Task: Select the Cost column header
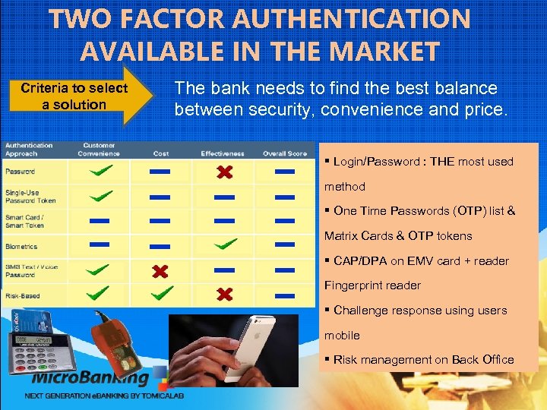[x=161, y=154]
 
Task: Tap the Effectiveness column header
[x=223, y=154]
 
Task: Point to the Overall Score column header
[x=284, y=154]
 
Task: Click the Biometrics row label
[x=22, y=247]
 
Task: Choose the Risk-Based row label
[x=22, y=295]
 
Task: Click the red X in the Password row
[x=223, y=173]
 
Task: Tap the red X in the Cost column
[x=160, y=271]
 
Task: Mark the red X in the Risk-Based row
[x=223, y=294]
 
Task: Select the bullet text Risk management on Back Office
[x=423, y=360]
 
